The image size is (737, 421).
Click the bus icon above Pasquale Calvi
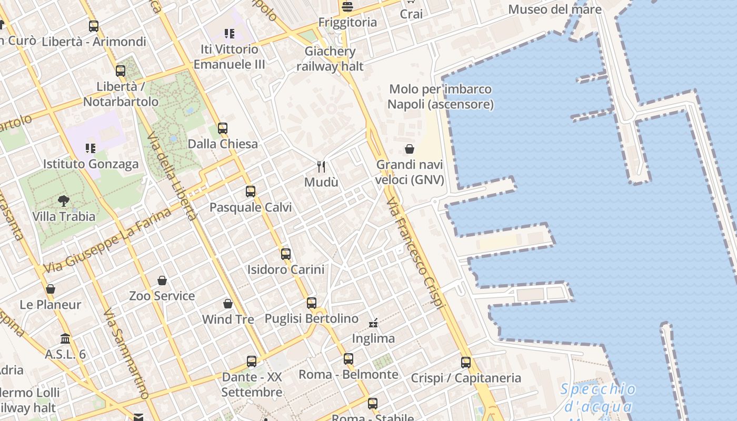pyautogui.click(x=251, y=192)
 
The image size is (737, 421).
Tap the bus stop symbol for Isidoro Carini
pyautogui.click(x=286, y=254)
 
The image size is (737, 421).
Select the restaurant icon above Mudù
pyautogui.click(x=321, y=167)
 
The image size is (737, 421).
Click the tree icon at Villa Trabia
pyautogui.click(x=64, y=201)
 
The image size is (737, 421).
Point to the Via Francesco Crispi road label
pyautogui.click(x=416, y=254)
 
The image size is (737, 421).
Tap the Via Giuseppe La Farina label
pyautogui.click(x=107, y=240)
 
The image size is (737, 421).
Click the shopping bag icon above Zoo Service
pyautogui.click(x=162, y=280)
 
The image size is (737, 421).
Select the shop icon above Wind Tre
pyautogui.click(x=228, y=304)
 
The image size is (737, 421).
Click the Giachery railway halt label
pyautogui.click(x=330, y=59)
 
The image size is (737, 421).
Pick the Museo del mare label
pyautogui.click(x=555, y=9)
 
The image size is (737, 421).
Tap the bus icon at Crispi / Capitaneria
pyautogui.click(x=466, y=363)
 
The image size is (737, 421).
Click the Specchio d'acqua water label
pyautogui.click(x=598, y=398)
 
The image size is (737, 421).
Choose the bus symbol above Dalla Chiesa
pyautogui.click(x=223, y=128)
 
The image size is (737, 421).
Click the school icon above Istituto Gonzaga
pyautogui.click(x=91, y=148)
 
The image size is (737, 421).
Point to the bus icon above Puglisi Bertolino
pyautogui.click(x=312, y=303)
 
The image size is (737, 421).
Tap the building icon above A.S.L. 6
pyautogui.click(x=65, y=338)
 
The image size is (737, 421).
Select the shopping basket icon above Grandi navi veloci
pyautogui.click(x=410, y=149)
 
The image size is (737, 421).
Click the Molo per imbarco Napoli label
pyautogui.click(x=440, y=97)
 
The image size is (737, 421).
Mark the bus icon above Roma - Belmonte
pyautogui.click(x=348, y=359)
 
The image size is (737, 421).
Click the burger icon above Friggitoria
pyautogui.click(x=347, y=7)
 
